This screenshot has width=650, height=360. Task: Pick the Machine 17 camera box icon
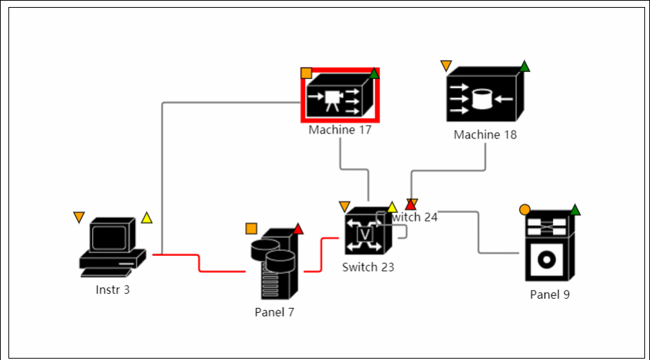click(340, 99)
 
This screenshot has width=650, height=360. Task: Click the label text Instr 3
click(112, 289)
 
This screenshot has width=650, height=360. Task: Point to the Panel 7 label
click(274, 312)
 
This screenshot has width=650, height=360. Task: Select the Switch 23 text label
click(368, 267)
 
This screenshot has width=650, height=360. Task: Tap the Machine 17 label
click(340, 130)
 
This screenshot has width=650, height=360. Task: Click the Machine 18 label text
click(485, 134)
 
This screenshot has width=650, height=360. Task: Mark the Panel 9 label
click(550, 295)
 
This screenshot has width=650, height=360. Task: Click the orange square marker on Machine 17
click(306, 72)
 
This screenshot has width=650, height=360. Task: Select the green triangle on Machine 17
click(375, 72)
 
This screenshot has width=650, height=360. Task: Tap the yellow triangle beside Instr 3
click(146, 218)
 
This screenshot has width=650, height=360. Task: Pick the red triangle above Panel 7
click(298, 228)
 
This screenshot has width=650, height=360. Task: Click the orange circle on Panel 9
click(524, 210)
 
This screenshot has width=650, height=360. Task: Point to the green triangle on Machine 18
click(524, 66)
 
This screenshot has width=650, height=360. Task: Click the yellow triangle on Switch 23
click(392, 207)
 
